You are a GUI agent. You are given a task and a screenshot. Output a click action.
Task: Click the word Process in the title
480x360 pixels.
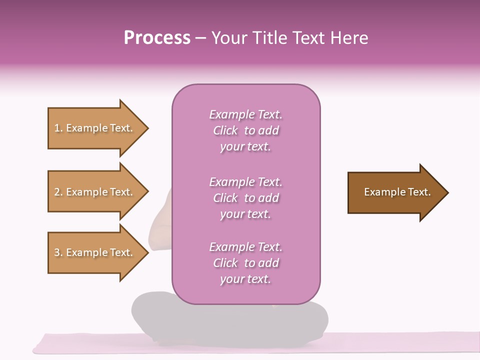pyautogui.click(x=157, y=38)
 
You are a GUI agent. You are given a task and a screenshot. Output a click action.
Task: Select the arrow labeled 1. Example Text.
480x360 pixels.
pyautogui.click(x=95, y=128)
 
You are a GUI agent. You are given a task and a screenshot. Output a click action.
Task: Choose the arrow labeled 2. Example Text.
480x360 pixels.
pyautogui.click(x=95, y=192)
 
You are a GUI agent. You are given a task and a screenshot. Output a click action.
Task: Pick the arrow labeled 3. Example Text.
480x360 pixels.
pyautogui.click(x=95, y=252)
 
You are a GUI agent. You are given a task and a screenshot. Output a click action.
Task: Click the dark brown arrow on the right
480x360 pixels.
pyautogui.click(x=395, y=192)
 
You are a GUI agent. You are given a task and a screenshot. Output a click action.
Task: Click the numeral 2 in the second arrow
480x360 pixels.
pyautogui.click(x=57, y=192)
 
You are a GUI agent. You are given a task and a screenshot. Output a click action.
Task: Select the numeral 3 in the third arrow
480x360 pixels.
pyautogui.click(x=57, y=252)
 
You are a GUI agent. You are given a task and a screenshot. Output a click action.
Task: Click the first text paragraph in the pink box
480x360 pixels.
pyautogui.click(x=245, y=130)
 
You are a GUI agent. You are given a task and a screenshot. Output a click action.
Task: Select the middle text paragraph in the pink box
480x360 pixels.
pyautogui.click(x=245, y=198)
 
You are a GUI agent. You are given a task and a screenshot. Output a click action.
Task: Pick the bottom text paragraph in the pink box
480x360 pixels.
pyautogui.click(x=245, y=263)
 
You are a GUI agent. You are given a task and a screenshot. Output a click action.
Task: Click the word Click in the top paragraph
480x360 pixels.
pyautogui.click(x=225, y=130)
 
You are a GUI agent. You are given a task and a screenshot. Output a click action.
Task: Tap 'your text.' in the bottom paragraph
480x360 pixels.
pyautogui.click(x=245, y=279)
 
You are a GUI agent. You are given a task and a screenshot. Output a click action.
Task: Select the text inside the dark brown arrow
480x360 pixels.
pyautogui.click(x=397, y=192)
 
